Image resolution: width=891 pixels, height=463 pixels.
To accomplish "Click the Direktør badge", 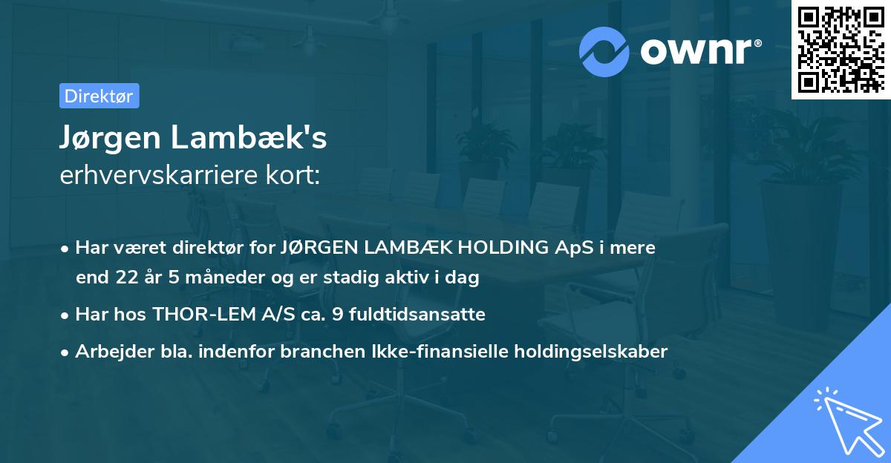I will click(x=99, y=96).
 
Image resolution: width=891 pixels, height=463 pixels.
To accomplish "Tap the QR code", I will click(x=840, y=50).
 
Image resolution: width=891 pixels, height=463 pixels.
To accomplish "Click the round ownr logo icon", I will click(x=604, y=51).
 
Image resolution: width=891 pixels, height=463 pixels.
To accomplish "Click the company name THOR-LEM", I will click(x=198, y=315).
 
